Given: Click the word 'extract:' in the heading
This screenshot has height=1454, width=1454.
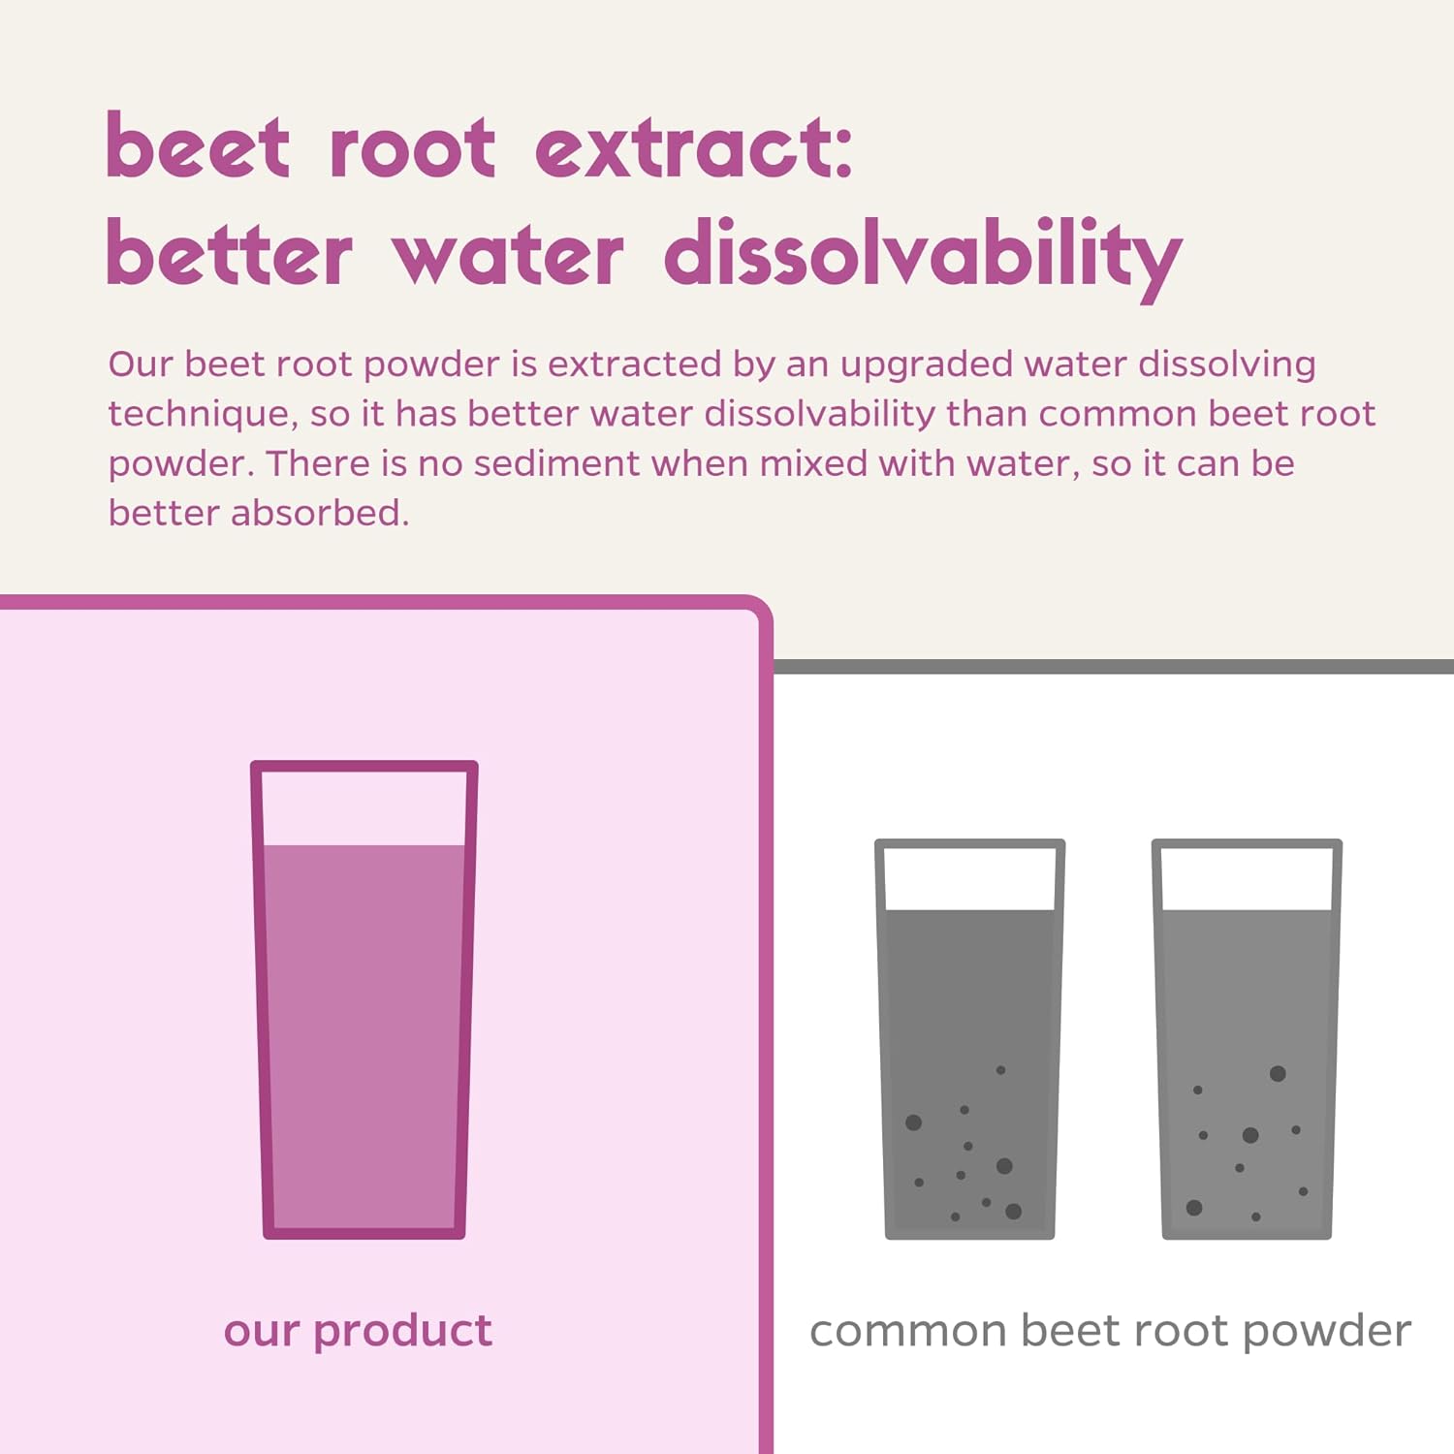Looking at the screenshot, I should click(693, 148).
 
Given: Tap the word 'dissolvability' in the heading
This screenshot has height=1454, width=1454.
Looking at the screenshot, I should click(923, 254).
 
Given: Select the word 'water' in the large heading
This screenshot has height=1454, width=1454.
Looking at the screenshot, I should click(508, 254).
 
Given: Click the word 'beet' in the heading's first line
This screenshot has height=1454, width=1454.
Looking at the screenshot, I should click(198, 148).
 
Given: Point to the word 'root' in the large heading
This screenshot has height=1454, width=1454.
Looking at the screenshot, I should click(413, 148).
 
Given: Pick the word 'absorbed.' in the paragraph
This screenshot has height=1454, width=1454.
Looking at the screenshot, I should click(320, 513).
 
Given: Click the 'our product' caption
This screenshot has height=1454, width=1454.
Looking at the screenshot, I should click(358, 1331).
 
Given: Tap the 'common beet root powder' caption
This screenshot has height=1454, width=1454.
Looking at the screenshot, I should click(1110, 1331).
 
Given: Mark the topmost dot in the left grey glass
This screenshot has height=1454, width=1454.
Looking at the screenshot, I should click(1000, 1070).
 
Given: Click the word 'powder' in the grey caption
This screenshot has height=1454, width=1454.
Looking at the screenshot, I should click(1326, 1331).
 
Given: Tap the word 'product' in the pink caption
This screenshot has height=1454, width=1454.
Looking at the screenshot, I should click(402, 1331).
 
